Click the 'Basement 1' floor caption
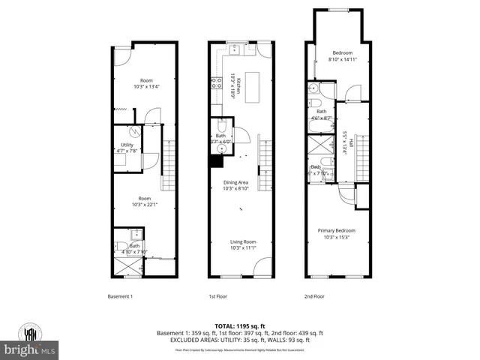point(120,296)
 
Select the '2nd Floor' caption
point(313,296)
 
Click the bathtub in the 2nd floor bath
point(319,144)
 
